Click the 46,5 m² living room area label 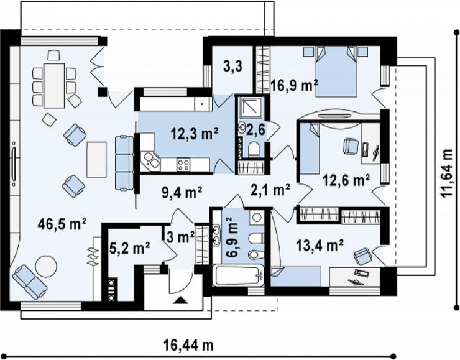tap(62, 224)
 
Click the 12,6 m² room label tap(346, 180)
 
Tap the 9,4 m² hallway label tap(182, 192)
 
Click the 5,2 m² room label tap(129, 249)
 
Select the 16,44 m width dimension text tap(188, 345)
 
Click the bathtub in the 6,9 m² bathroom tap(238, 275)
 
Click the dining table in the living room tap(54, 85)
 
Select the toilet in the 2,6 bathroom tap(252, 149)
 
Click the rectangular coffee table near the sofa tap(96, 160)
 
